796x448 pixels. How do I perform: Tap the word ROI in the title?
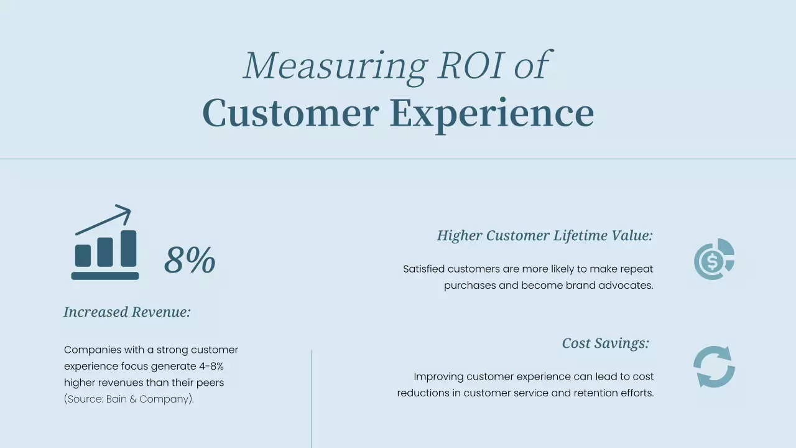coord(469,65)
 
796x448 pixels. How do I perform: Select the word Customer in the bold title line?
coord(290,113)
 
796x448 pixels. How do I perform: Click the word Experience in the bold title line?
coord(492,114)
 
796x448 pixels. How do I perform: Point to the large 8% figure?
coord(190,260)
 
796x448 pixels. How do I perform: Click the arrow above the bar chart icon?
coord(104,220)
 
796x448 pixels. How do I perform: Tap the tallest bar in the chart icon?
coord(129,249)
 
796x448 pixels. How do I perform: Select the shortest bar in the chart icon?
coord(83,256)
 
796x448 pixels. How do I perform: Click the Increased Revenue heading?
coord(127,312)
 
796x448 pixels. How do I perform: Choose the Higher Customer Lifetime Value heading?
coord(545,235)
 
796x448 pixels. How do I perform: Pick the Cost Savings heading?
coord(605,343)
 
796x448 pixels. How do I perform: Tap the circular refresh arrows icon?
coord(714,367)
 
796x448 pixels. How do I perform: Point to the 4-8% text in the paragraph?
coord(208,366)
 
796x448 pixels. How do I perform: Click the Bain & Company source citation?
coord(129,399)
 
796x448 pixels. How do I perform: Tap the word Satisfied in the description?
coord(423,269)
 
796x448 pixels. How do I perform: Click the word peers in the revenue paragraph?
coord(211,383)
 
